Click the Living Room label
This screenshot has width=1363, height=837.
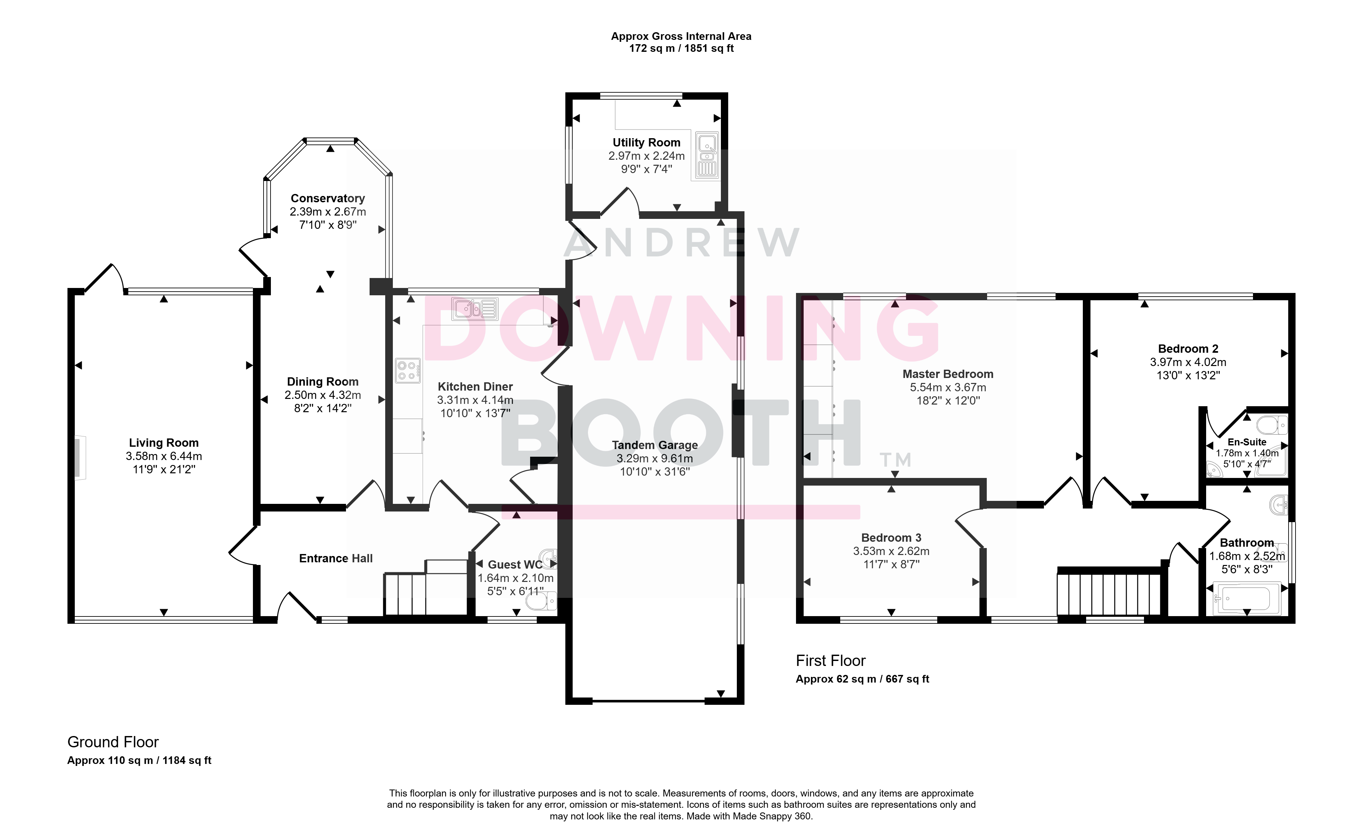tap(164, 443)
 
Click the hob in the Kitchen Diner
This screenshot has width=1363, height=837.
tap(407, 371)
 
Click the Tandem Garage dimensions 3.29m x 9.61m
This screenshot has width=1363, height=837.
tap(655, 458)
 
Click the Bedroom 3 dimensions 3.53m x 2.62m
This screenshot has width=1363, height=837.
tap(891, 551)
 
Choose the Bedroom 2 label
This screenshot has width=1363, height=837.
tap(1188, 349)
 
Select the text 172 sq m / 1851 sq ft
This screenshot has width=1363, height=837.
tap(681, 49)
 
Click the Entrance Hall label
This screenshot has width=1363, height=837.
tap(336, 559)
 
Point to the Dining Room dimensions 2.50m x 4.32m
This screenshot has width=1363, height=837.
tap(322, 395)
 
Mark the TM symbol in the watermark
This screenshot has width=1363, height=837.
tap(895, 460)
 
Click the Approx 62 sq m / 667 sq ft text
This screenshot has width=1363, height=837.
tap(862, 679)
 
